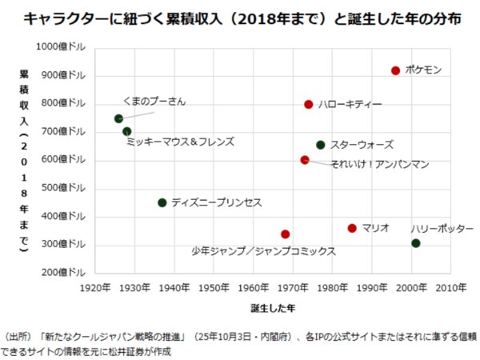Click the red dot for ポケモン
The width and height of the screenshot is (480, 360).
click(x=395, y=70)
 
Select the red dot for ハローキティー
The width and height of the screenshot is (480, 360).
click(x=309, y=104)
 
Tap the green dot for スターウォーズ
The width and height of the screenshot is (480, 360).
click(x=321, y=145)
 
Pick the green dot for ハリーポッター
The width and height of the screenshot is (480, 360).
click(x=415, y=243)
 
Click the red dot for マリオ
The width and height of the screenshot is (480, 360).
click(x=352, y=228)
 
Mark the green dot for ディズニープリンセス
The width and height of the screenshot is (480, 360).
click(x=162, y=202)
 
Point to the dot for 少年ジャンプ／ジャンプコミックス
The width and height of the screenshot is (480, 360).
click(x=285, y=234)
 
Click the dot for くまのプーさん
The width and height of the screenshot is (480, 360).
click(x=119, y=118)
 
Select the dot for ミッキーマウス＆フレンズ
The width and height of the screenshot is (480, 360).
click(x=127, y=131)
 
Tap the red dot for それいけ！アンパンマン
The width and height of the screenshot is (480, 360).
click(x=305, y=160)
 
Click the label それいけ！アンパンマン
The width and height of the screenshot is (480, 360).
click(x=379, y=164)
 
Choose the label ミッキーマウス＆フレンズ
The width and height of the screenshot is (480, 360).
click(x=180, y=142)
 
